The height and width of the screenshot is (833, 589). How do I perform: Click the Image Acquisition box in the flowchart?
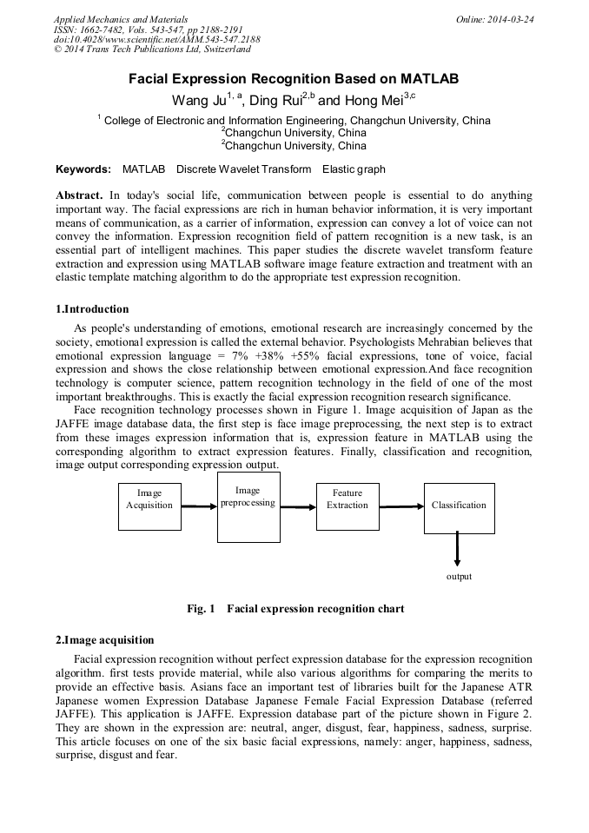pos(149,506)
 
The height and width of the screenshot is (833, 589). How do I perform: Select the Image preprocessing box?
pos(248,506)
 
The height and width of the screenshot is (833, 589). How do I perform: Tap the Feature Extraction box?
pos(347,506)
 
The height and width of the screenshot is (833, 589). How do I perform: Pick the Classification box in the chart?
pos(459,506)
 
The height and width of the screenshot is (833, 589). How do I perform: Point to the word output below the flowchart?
pos(459,576)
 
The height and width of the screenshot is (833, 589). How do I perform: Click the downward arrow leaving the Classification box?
pos(458,549)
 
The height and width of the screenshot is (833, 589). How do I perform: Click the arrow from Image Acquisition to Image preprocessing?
pos(199,506)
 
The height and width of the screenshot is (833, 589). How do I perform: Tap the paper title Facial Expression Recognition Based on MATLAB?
pos(294,78)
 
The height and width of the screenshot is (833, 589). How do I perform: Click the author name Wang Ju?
pos(198,99)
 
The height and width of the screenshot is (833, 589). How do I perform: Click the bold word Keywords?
pos(83,169)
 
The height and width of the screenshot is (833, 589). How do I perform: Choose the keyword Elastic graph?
pos(354,169)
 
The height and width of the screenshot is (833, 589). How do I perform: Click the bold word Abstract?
pos(81,195)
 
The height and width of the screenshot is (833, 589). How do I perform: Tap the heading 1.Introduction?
pos(92,308)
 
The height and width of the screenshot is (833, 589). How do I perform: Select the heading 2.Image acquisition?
pos(105,640)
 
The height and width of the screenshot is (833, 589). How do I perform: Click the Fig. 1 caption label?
pos(201,609)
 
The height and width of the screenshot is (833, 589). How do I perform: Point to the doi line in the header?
pos(156,40)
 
